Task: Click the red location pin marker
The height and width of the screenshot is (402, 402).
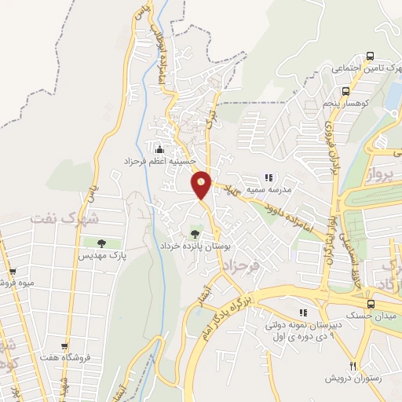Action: [202, 185]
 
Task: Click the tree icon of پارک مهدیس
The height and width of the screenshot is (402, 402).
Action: [100, 243]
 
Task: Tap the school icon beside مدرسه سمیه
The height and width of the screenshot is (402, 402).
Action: [268, 178]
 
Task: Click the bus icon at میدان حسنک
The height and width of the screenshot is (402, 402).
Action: [370, 304]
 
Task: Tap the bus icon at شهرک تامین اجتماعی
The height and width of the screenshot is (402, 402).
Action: [370, 57]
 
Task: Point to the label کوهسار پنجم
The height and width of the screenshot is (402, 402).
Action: [345, 103]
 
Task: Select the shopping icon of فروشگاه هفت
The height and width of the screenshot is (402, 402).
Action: [64, 346]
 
